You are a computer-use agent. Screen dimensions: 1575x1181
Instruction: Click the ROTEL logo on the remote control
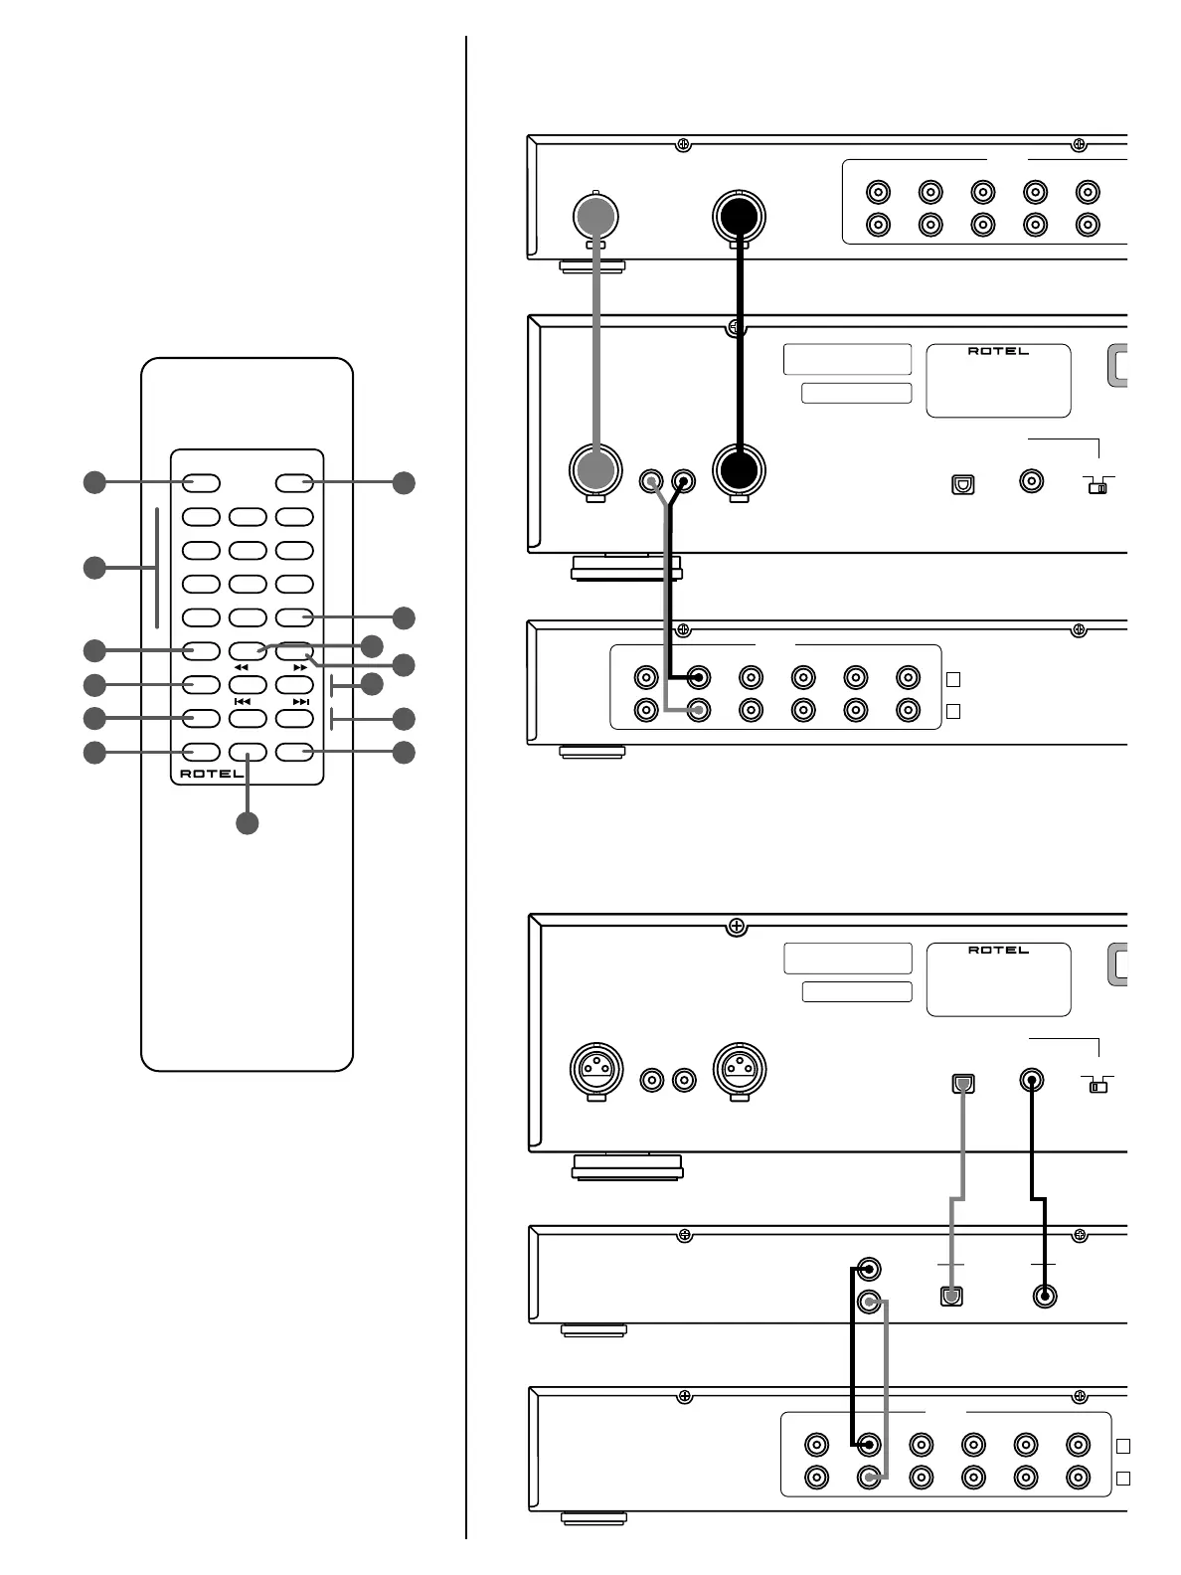pos(212,774)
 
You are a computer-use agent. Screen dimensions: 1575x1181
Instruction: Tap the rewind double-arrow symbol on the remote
pos(242,668)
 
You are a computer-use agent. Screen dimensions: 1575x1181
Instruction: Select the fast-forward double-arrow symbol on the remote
pos(300,668)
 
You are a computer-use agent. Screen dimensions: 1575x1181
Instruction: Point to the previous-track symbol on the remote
pos(242,702)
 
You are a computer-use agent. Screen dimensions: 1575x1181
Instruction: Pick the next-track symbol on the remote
pos(300,702)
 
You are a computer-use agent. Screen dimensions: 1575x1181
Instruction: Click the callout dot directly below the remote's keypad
pos(247,823)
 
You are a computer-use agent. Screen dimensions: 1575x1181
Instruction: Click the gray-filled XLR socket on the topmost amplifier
pos(596,216)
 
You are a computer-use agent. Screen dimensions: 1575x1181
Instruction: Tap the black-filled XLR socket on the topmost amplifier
pos(740,216)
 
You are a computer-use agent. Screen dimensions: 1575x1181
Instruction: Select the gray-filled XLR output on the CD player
pos(596,470)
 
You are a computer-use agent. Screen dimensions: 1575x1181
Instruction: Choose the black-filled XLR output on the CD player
pos(740,470)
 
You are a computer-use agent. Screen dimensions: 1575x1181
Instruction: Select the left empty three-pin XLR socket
pos(596,1070)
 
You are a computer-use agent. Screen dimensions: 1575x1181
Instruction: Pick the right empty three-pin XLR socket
pos(740,1070)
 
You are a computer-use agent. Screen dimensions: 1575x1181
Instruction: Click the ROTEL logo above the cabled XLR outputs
pos(998,351)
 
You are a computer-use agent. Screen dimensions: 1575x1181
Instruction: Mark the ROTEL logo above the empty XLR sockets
pos(998,951)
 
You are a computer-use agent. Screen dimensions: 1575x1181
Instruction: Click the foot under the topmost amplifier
pos(592,265)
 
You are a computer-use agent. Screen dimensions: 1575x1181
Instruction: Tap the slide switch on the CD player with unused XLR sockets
pos(1097,1087)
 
